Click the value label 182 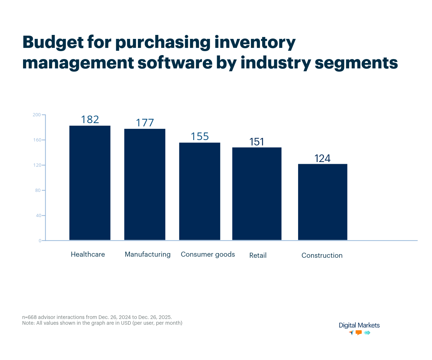[x=90, y=120]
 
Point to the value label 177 [x=145, y=123]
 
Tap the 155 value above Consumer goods [x=199, y=136]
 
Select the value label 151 [x=257, y=142]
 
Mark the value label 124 [x=322, y=158]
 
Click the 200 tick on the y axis [x=36, y=115]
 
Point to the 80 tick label [x=37, y=190]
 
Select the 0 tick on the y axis [x=40, y=241]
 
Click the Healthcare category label [x=88, y=255]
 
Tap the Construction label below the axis [x=322, y=256]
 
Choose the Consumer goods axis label [x=208, y=255]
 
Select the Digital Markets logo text [x=359, y=325]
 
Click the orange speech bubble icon [x=359, y=333]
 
